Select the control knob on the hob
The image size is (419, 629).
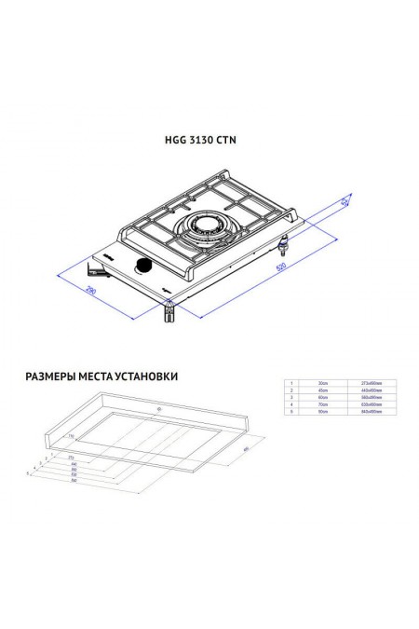144,268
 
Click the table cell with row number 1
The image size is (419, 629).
291,383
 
